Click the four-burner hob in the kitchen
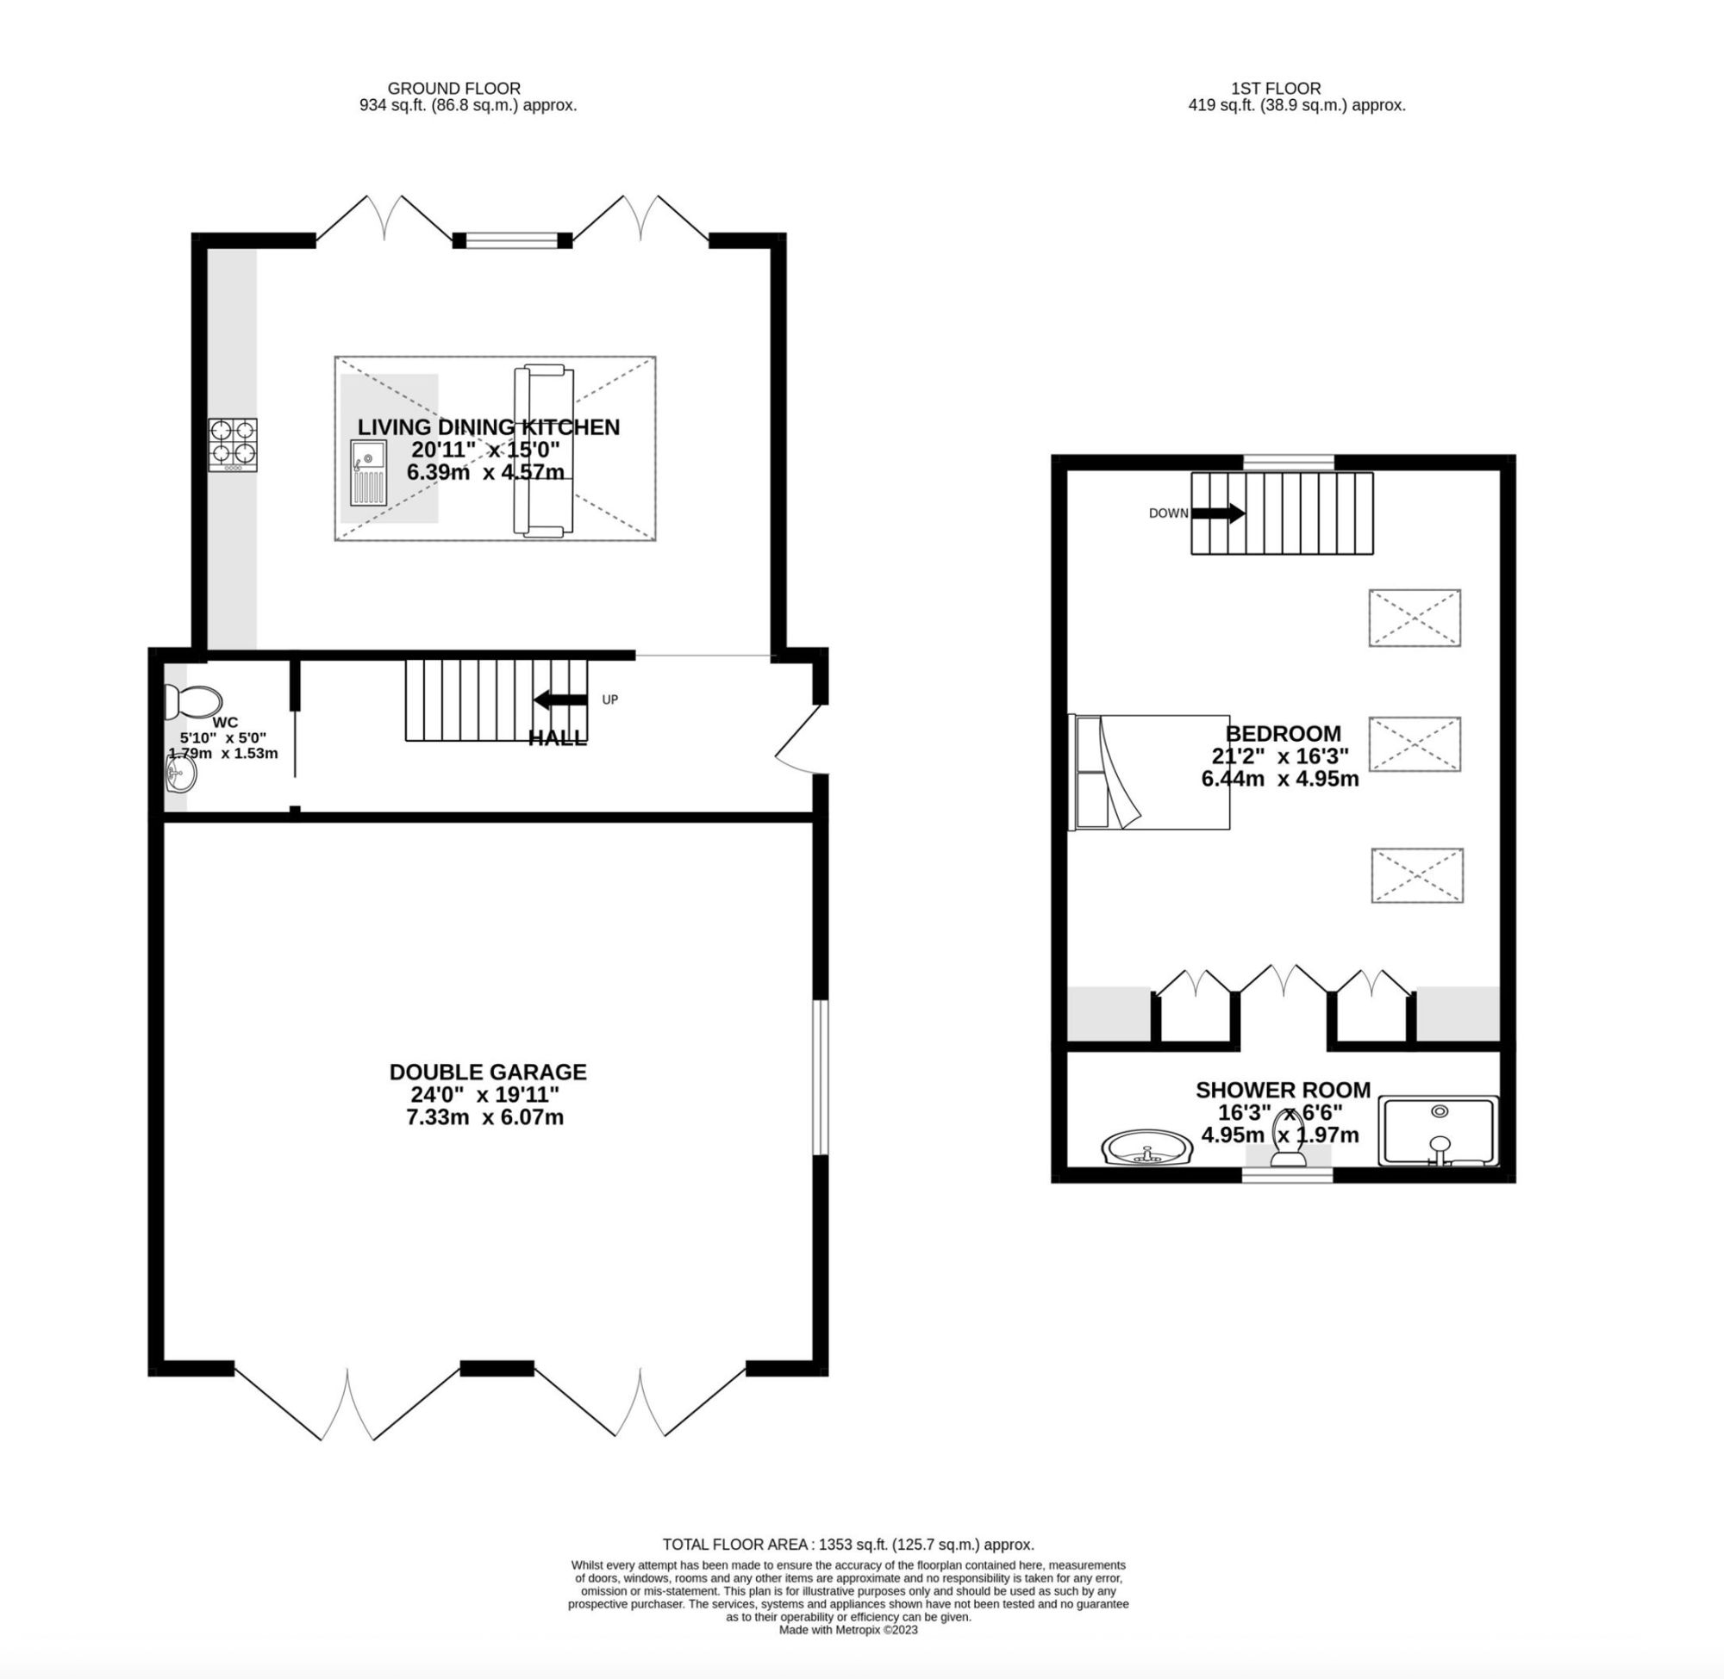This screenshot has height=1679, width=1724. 233,444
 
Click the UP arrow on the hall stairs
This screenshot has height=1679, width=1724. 560,700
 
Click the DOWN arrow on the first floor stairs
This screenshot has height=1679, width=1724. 1217,513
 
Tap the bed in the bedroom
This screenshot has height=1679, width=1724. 1150,773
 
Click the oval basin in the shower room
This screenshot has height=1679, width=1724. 1146,1147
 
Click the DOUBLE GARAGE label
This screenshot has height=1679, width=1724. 488,1072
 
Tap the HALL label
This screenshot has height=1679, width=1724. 557,738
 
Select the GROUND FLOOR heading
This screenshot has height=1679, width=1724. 454,88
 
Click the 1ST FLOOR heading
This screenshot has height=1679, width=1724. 1276,88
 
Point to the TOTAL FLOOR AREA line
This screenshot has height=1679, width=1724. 848,1544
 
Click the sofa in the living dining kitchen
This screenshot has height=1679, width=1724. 544,450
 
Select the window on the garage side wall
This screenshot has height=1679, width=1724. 820,1077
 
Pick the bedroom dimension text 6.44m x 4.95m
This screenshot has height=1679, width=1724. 1279,779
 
